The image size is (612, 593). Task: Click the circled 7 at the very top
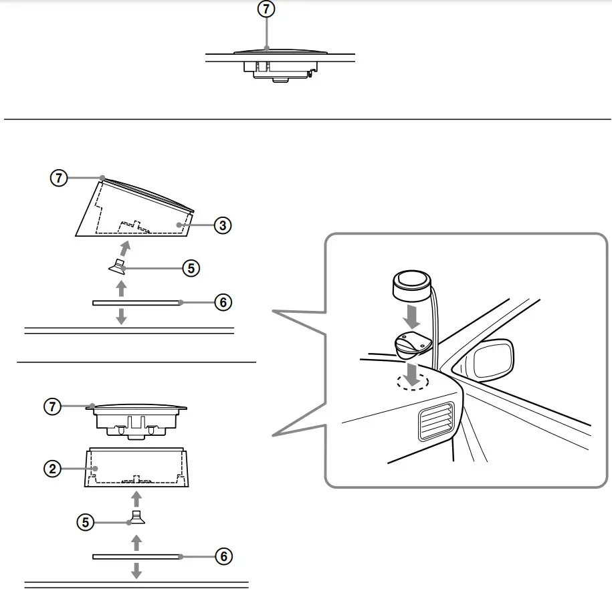266,9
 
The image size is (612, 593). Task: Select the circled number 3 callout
223,225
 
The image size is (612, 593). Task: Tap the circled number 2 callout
52,469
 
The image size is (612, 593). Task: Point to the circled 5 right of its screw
191,268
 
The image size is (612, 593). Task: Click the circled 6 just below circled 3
223,302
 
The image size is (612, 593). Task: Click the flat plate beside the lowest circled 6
136,556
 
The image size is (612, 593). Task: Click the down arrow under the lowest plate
136,570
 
